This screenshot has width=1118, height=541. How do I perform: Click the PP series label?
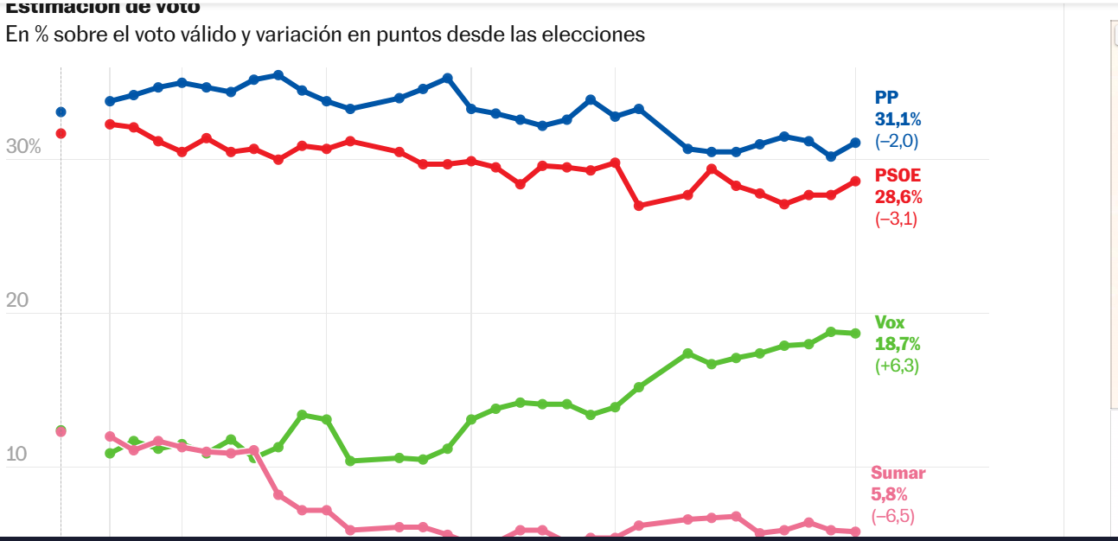[887, 98]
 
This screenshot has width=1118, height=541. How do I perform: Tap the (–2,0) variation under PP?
[897, 142]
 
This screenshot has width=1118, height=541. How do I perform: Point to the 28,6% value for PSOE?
[898, 196]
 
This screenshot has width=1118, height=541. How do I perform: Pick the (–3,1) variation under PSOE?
[897, 219]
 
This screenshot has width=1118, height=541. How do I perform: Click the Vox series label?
[890, 322]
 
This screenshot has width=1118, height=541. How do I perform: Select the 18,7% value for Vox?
[898, 344]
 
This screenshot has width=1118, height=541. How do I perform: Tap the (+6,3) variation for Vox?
[897, 366]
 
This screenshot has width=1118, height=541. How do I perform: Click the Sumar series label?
[898, 473]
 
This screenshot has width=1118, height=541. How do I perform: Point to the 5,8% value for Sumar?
[890, 495]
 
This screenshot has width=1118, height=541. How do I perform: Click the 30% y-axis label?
[23, 147]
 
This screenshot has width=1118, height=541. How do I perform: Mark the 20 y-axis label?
[17, 301]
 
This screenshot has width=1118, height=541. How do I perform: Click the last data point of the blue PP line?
[855, 143]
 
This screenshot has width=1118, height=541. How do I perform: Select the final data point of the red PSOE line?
[855, 181]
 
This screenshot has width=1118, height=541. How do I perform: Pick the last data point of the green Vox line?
[855, 334]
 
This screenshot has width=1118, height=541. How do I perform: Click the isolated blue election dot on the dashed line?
[61, 111]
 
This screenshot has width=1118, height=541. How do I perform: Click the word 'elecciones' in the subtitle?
[602, 35]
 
